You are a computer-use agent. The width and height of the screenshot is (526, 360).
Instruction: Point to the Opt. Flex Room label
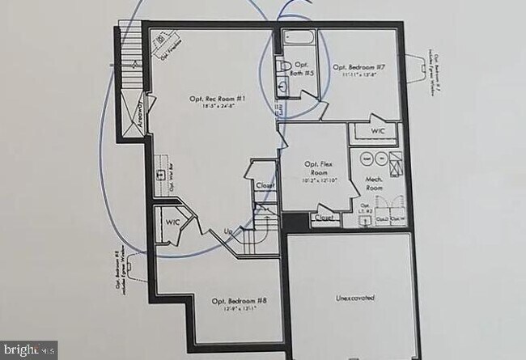pyautogui.click(x=316, y=168)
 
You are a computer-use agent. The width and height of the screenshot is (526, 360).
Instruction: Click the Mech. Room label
pyautogui.click(x=374, y=183)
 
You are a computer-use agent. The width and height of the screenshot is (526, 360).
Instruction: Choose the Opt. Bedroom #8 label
pyautogui.click(x=239, y=301)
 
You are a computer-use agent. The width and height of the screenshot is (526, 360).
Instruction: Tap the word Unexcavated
pyautogui.click(x=355, y=298)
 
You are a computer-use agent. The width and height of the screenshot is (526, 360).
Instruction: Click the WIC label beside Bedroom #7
pyautogui.click(x=378, y=131)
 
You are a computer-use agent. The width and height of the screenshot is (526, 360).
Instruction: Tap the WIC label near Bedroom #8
pyautogui.click(x=172, y=221)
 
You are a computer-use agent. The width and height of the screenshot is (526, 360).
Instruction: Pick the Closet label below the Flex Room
pyautogui.click(x=324, y=218)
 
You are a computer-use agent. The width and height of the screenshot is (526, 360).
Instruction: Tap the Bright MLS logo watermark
pyautogui.click(x=28, y=350)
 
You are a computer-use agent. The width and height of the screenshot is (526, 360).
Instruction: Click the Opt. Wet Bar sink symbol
pyautogui.click(x=159, y=174)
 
